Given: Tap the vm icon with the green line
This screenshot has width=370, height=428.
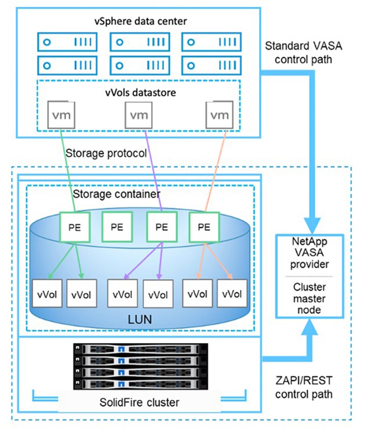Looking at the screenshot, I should click(61, 115).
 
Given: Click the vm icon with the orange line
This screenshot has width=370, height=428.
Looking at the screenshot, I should click(219, 115).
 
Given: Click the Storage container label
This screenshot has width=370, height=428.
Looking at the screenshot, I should click(117, 194).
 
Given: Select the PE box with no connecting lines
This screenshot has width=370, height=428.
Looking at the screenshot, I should click(117, 227).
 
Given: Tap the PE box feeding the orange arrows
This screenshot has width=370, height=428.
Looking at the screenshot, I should click(204, 227).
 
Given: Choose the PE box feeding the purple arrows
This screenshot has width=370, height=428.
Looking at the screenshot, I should click(161, 227).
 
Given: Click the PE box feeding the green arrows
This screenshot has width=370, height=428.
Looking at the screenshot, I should click(74, 227).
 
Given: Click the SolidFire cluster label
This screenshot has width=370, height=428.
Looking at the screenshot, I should click(139, 402).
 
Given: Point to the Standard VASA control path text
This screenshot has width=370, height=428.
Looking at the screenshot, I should click(304, 52).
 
